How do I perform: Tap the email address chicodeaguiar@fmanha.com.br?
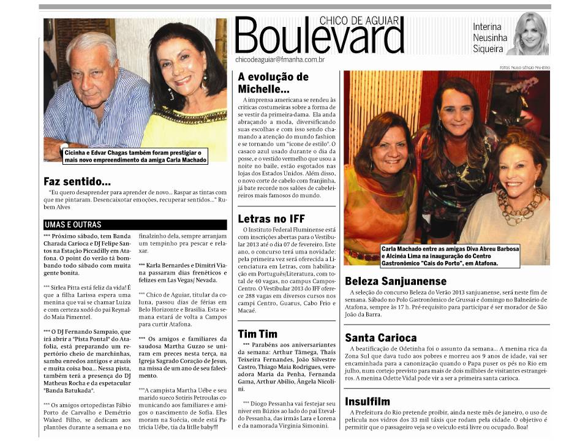(280, 59)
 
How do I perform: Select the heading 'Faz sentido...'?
(77, 182)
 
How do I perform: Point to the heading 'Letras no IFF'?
(271, 218)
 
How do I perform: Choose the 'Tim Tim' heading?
(257, 334)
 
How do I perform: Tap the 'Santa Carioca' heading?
(381, 337)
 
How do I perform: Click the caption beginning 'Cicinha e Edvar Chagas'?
(134, 155)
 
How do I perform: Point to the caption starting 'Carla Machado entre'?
(432, 255)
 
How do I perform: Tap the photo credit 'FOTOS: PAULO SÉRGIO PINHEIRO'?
(524, 67)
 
